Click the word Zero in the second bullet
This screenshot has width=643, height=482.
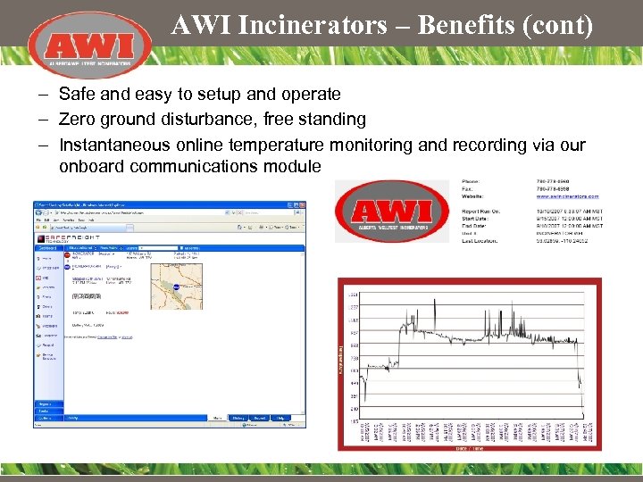pos(77,119)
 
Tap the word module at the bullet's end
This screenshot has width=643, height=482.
pos(289,166)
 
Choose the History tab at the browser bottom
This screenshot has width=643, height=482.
pos(238,418)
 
